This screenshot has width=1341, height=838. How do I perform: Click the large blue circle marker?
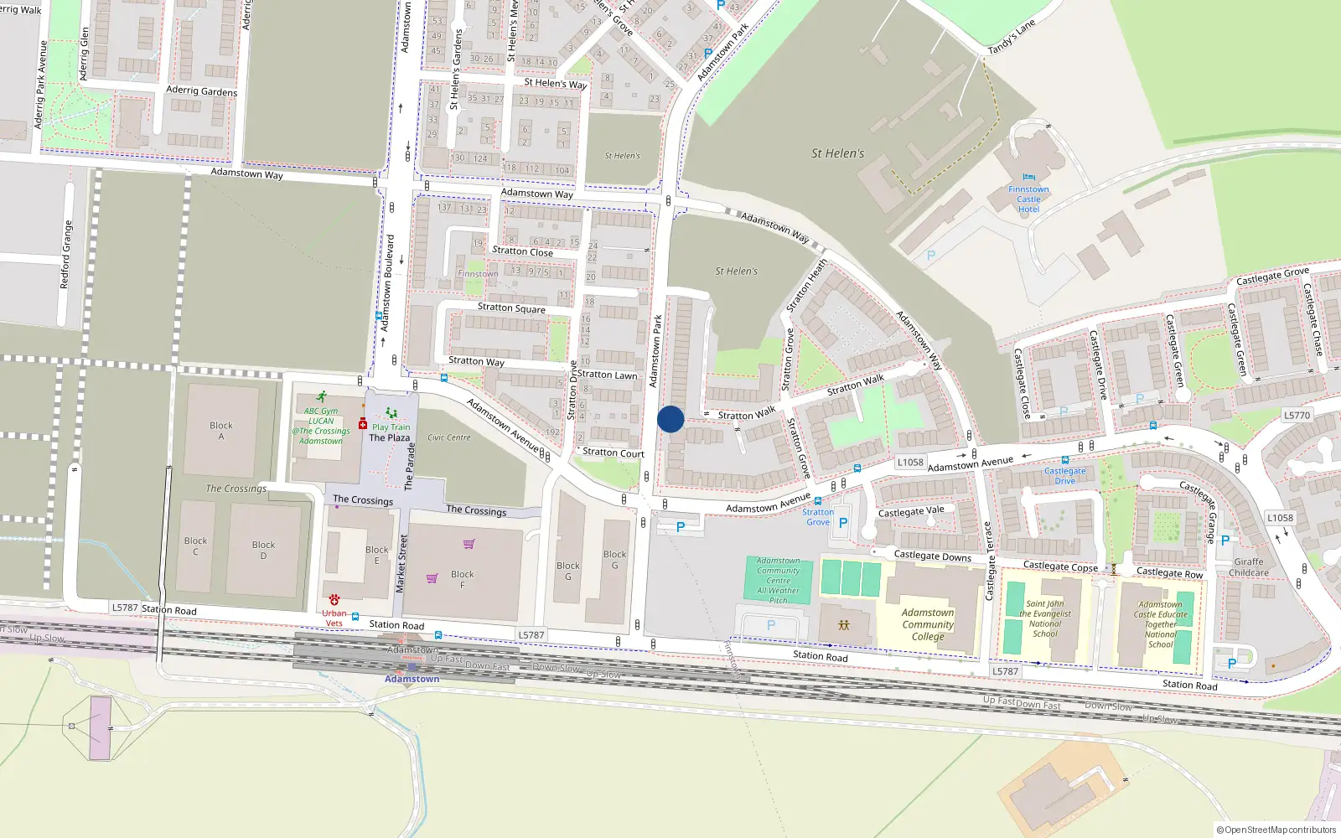pyautogui.click(x=670, y=419)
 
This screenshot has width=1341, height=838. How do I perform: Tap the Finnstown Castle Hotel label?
pyautogui.click(x=1028, y=199)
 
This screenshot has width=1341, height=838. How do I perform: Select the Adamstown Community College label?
pyautogui.click(x=928, y=624)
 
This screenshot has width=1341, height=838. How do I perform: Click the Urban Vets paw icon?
pyautogui.click(x=334, y=600)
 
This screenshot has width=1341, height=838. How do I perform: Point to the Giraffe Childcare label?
pyautogui.click(x=1249, y=567)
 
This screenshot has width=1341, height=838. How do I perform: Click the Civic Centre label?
pyautogui.click(x=449, y=437)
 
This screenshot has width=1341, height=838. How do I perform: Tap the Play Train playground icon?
pyautogui.click(x=391, y=413)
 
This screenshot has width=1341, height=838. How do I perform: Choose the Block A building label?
pyautogui.click(x=221, y=431)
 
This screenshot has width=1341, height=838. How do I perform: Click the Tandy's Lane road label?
pyautogui.click(x=1011, y=37)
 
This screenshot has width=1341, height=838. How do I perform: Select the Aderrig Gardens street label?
pyautogui.click(x=201, y=91)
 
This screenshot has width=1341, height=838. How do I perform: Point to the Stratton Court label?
pyautogui.click(x=614, y=453)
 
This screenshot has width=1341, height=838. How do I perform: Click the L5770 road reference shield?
pyautogui.click(x=1297, y=416)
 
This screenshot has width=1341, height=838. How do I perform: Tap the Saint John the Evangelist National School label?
pyautogui.click(x=1045, y=618)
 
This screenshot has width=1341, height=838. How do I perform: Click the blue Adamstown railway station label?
pyautogui.click(x=412, y=679)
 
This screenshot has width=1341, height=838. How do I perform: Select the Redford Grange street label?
pyautogui.click(x=67, y=255)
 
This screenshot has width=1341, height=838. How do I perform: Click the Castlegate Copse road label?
pyautogui.click(x=1060, y=566)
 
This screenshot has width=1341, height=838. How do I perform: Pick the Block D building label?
pyautogui.click(x=263, y=550)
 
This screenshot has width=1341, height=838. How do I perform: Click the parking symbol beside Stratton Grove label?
pyautogui.click(x=843, y=522)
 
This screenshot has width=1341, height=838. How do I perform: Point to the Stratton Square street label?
pyautogui.click(x=511, y=308)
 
